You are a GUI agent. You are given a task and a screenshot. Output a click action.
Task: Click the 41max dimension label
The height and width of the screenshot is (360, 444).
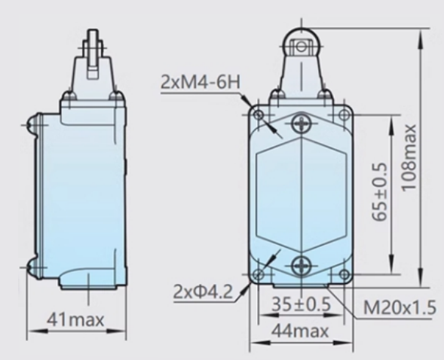pyautogui.click(x=75, y=320)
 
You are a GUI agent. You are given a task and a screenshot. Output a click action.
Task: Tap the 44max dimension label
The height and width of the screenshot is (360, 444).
pyautogui.click(x=300, y=331)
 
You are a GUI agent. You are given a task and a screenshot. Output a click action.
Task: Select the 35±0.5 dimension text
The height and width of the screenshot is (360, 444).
pyautogui.click(x=301, y=304)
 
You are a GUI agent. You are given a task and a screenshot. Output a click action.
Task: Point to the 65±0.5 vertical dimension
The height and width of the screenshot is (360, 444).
pyautogui.click(x=379, y=192)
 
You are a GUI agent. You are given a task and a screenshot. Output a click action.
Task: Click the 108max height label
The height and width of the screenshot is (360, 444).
pyautogui.click(x=409, y=157)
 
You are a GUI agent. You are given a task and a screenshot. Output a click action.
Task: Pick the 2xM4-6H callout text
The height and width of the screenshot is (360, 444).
pyautogui.click(x=201, y=82)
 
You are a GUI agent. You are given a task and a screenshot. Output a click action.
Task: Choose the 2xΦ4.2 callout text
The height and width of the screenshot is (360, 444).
pyautogui.click(x=203, y=291)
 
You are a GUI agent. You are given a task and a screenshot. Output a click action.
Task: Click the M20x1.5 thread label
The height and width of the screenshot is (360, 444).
pyautogui.click(x=400, y=307)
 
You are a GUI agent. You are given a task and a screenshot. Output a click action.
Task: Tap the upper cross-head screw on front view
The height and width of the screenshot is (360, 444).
pyautogui.click(x=302, y=124)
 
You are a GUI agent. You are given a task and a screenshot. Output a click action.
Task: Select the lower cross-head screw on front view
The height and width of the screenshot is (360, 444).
pyautogui.click(x=302, y=266)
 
